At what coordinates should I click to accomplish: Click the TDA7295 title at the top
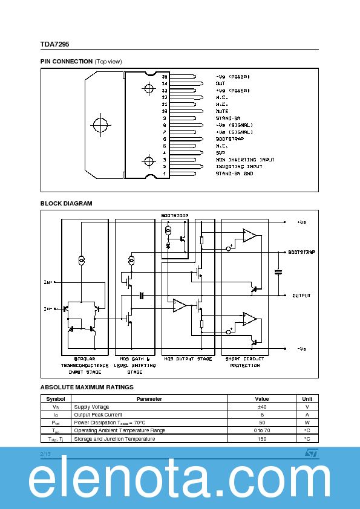(54, 44)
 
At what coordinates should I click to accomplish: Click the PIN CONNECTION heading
(67, 62)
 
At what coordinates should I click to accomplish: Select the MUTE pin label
(222, 111)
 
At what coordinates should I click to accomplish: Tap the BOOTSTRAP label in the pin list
(230, 139)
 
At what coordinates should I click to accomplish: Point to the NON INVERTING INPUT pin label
(245, 160)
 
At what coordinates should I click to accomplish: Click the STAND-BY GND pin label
(235, 173)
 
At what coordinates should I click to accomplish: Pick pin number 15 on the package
(165, 77)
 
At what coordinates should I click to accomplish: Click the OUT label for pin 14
(220, 84)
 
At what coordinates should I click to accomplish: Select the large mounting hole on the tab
(100, 125)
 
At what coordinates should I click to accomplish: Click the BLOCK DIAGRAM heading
(67, 204)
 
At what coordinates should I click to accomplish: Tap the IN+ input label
(48, 282)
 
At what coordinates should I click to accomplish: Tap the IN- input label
(48, 309)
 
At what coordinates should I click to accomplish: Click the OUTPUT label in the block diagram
(301, 296)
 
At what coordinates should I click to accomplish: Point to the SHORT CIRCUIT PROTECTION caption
(245, 362)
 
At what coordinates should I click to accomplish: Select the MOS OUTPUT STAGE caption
(188, 359)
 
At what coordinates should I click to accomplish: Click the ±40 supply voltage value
(261, 407)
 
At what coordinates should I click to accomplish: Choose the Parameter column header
(149, 399)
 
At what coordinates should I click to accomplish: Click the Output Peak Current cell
(98, 415)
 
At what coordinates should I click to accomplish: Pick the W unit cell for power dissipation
(307, 423)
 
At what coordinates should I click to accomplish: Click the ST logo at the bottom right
(310, 452)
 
